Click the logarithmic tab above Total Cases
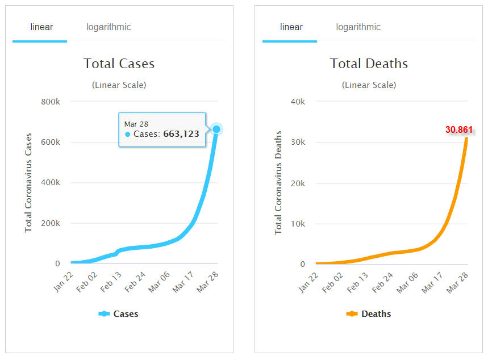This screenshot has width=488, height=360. pyautogui.click(x=109, y=27)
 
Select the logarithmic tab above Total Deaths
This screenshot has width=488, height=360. pyautogui.click(x=358, y=27)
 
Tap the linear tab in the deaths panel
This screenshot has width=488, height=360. pyautogui.click(x=291, y=27)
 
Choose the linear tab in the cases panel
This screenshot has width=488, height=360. pyautogui.click(x=41, y=27)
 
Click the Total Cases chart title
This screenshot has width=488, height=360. pyautogui.click(x=119, y=63)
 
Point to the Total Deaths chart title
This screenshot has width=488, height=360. pyautogui.click(x=369, y=63)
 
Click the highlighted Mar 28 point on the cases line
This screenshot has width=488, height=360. pyautogui.click(x=216, y=129)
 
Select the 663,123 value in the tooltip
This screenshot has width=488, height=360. pyautogui.click(x=183, y=134)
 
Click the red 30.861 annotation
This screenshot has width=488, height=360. pyautogui.click(x=458, y=130)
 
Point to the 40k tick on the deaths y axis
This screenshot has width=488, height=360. pyautogui.click(x=298, y=102)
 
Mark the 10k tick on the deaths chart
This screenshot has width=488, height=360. pyautogui.click(x=298, y=224)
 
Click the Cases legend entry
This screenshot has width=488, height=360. pyautogui.click(x=119, y=313)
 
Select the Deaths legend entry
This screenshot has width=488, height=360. pyautogui.click(x=369, y=313)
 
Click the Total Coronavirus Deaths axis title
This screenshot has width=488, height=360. pyautogui.click(x=278, y=182)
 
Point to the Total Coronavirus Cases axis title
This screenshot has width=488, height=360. pyautogui.click(x=28, y=182)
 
